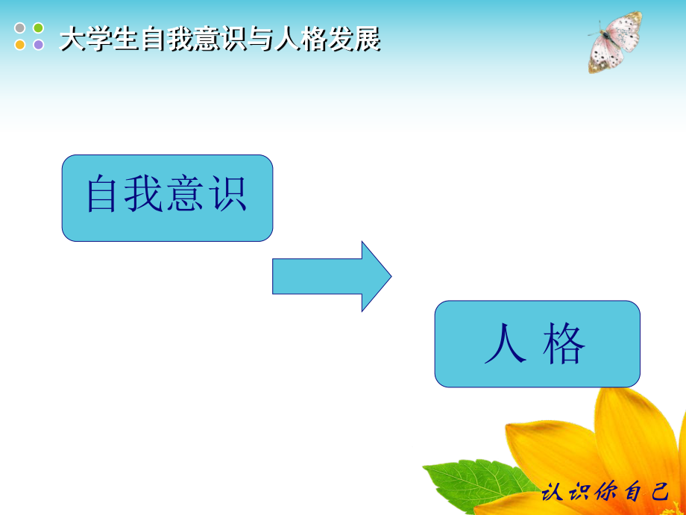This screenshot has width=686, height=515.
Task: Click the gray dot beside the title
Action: click(x=20, y=28)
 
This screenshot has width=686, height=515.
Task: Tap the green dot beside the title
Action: click(x=38, y=28)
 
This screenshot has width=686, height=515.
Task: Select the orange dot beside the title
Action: click(x=20, y=45)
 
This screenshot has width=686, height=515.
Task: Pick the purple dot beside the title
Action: click(x=38, y=45)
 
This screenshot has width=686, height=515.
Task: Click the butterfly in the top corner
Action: click(x=615, y=42)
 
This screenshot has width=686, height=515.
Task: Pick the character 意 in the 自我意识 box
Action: click(x=187, y=195)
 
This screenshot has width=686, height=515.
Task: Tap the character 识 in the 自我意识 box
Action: click(x=227, y=195)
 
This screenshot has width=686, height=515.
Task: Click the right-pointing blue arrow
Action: click(x=332, y=276)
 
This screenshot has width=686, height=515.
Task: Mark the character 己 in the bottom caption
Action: click(x=658, y=493)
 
